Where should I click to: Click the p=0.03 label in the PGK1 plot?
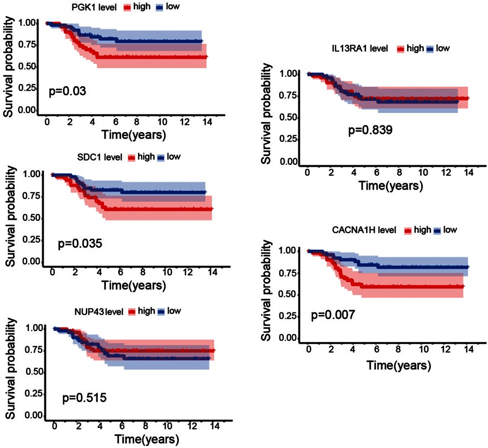(67, 90)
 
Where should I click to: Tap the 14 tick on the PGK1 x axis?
(206, 122)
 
